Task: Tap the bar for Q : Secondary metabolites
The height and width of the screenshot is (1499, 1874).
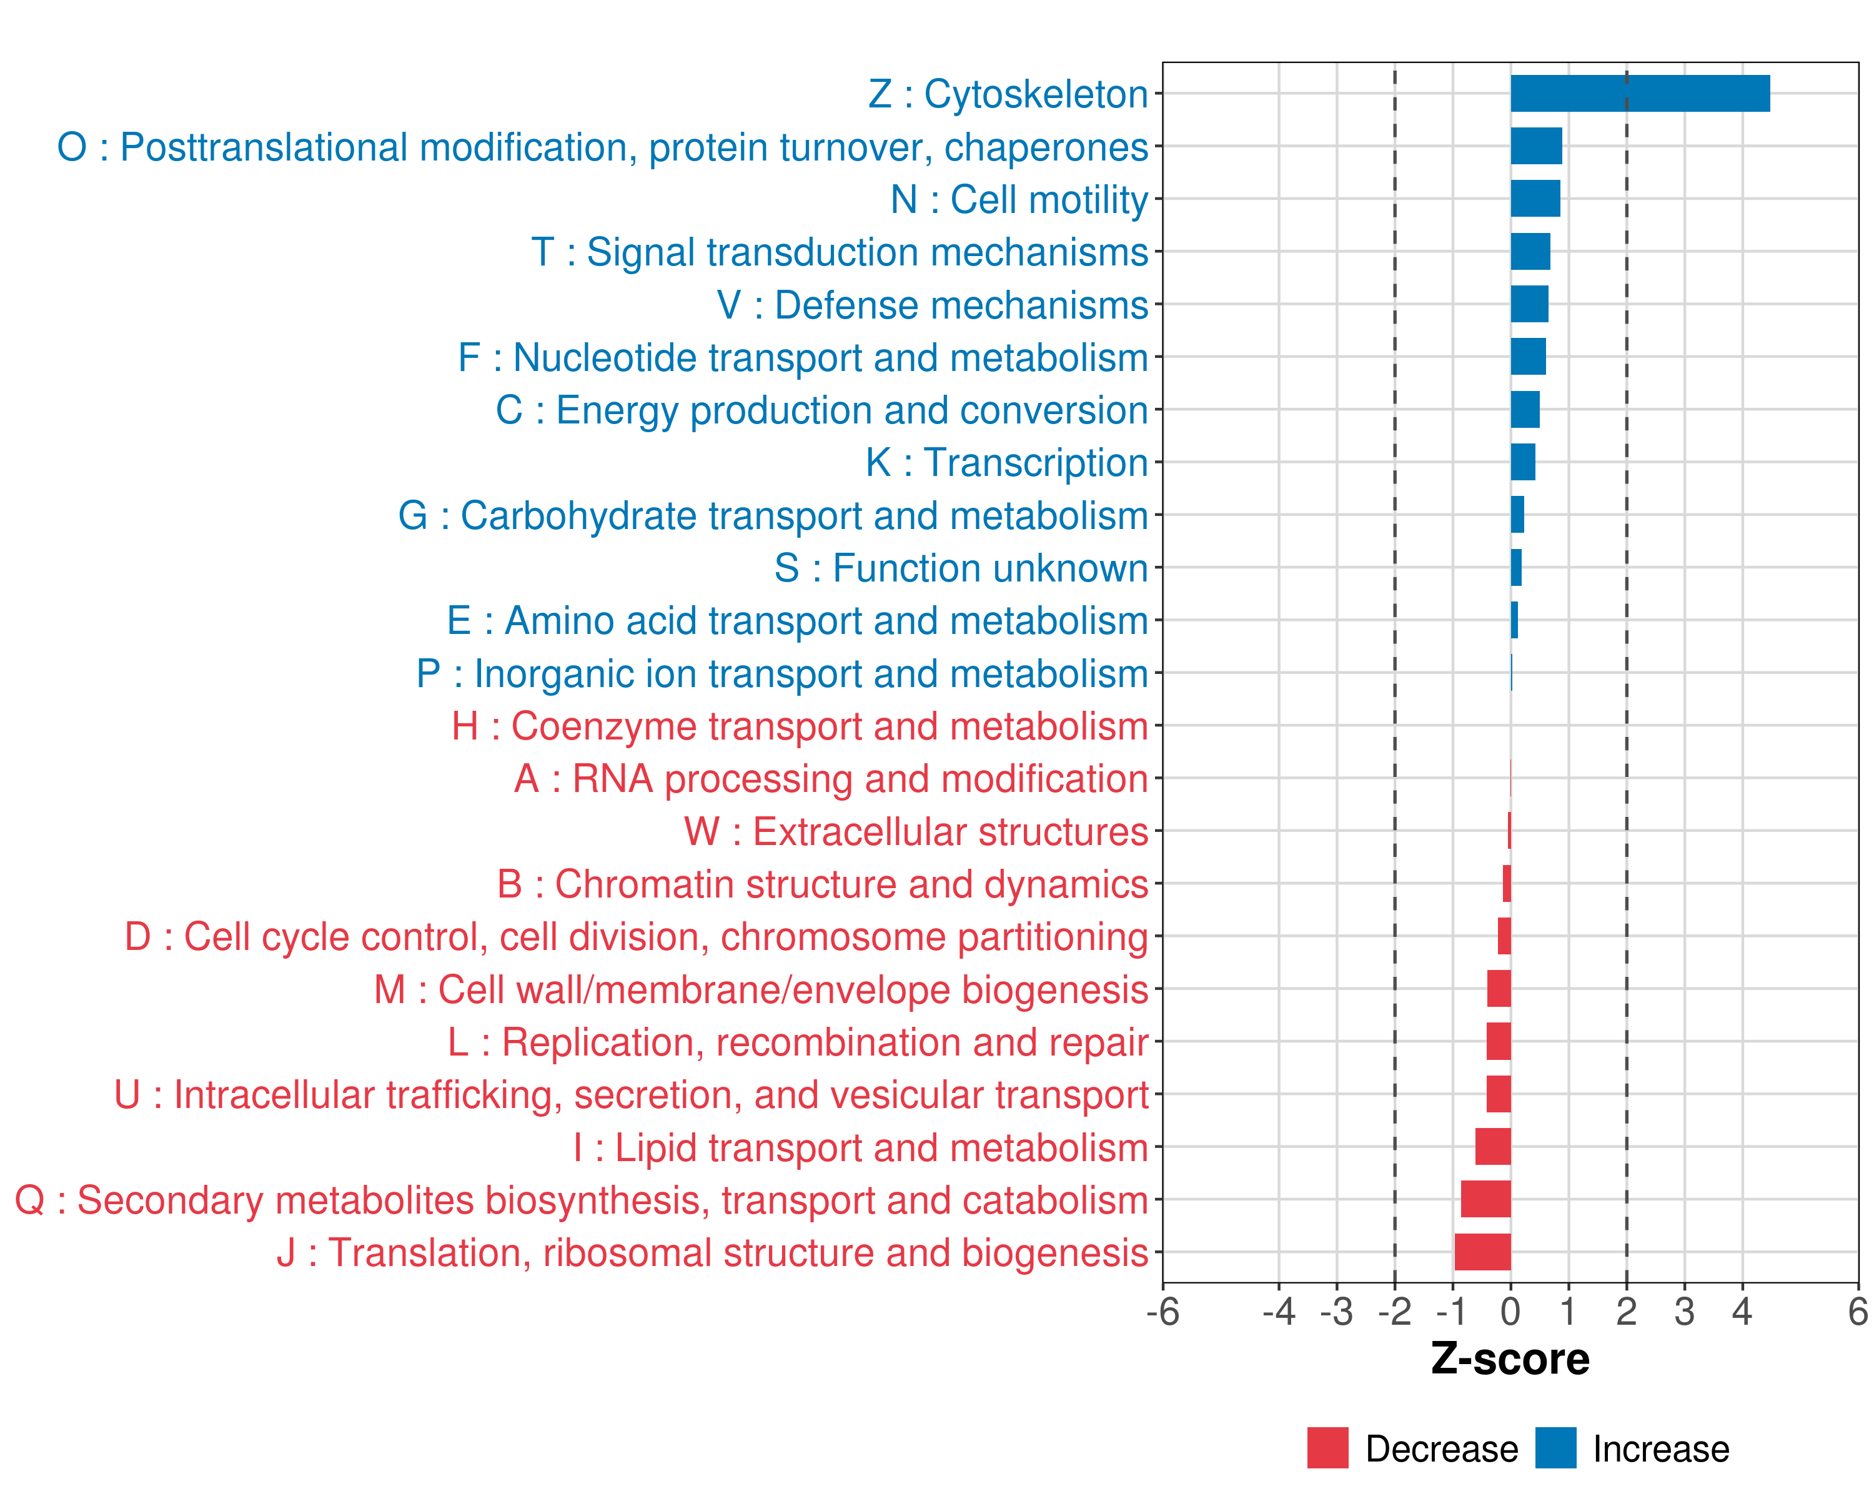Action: [x=1485, y=1199]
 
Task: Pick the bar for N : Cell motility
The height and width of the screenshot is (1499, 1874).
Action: [x=1535, y=199]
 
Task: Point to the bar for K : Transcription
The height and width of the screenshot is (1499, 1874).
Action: [x=1523, y=462]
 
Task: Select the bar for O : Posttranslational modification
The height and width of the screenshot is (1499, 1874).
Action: [x=1536, y=146]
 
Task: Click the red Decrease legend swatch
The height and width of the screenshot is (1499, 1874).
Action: [x=1327, y=1448]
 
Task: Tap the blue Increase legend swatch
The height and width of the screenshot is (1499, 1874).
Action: [x=1555, y=1448]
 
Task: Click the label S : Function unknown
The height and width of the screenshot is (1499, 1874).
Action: [x=961, y=568]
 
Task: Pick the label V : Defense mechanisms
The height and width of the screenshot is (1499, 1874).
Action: [x=932, y=305]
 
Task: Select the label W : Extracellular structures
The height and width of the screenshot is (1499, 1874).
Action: [x=916, y=831]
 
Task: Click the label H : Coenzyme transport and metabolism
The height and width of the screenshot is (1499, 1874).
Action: [x=800, y=726]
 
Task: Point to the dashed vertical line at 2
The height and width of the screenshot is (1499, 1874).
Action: [x=1626, y=695]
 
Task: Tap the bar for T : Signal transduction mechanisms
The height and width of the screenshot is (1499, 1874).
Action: [x=1530, y=252]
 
